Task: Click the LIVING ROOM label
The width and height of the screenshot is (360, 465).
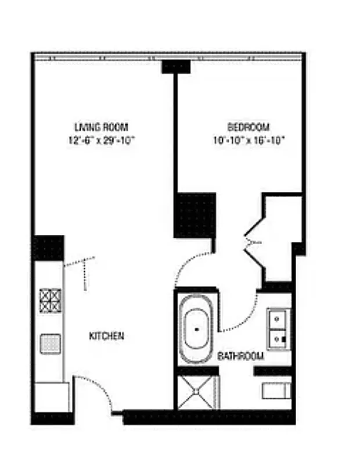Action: [101, 127]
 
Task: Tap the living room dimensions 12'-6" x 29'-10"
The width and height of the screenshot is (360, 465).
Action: [101, 140]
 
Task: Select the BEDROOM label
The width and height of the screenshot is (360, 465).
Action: [248, 127]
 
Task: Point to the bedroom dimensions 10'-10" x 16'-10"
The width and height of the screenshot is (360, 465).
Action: [248, 140]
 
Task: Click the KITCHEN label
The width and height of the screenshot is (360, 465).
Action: [106, 336]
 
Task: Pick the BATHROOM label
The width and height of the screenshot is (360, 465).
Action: [240, 356]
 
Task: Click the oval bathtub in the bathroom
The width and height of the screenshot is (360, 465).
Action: [196, 330]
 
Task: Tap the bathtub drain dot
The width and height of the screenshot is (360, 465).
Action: [196, 329]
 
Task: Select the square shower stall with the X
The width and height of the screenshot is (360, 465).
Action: [196, 392]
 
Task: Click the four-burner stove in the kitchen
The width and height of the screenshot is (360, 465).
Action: [50, 300]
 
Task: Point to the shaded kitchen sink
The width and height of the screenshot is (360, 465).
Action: [50, 343]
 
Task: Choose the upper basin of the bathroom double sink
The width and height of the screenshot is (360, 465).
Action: [278, 318]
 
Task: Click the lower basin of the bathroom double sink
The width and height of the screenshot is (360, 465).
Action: [278, 338]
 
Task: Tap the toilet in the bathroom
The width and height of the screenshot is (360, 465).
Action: [275, 391]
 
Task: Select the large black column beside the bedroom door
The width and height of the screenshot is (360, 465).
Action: [195, 215]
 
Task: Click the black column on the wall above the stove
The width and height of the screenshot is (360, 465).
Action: [48, 248]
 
